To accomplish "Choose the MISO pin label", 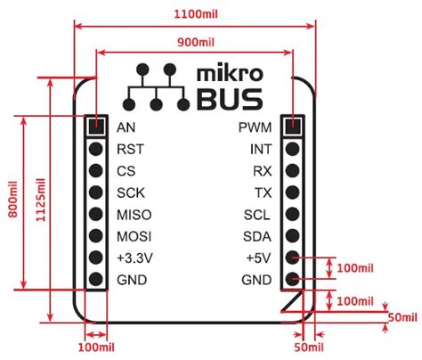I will [134, 215].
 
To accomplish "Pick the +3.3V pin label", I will [134, 258].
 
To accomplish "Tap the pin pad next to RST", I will [96, 149].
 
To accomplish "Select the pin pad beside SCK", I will [96, 192].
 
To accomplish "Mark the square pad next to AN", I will [96, 127].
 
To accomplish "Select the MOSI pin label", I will [134, 236].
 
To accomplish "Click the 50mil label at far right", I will [402, 316].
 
